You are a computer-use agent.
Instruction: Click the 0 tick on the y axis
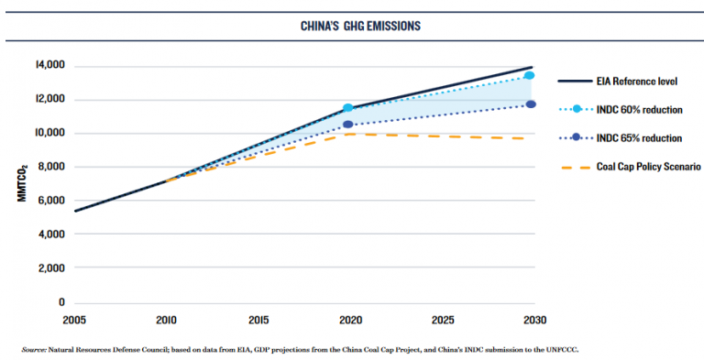(61, 302)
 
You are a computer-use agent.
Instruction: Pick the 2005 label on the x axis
(74, 321)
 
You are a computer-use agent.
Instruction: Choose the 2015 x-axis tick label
(258, 321)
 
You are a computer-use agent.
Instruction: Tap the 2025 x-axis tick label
(442, 321)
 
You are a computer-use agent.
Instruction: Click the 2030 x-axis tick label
(533, 321)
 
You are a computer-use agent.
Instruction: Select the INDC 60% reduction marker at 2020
(348, 108)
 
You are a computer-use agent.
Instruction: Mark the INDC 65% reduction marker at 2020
(348, 124)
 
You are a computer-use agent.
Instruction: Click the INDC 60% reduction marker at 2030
(530, 75)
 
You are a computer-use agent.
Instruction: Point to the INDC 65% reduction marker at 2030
(531, 104)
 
